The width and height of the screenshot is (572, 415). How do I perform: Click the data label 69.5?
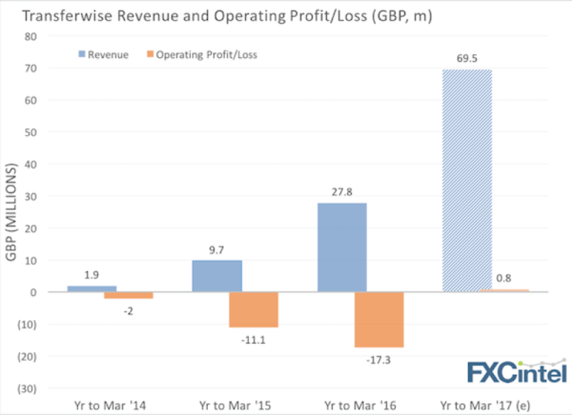pos(466,59)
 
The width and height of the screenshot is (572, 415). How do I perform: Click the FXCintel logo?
pos(516,371)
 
